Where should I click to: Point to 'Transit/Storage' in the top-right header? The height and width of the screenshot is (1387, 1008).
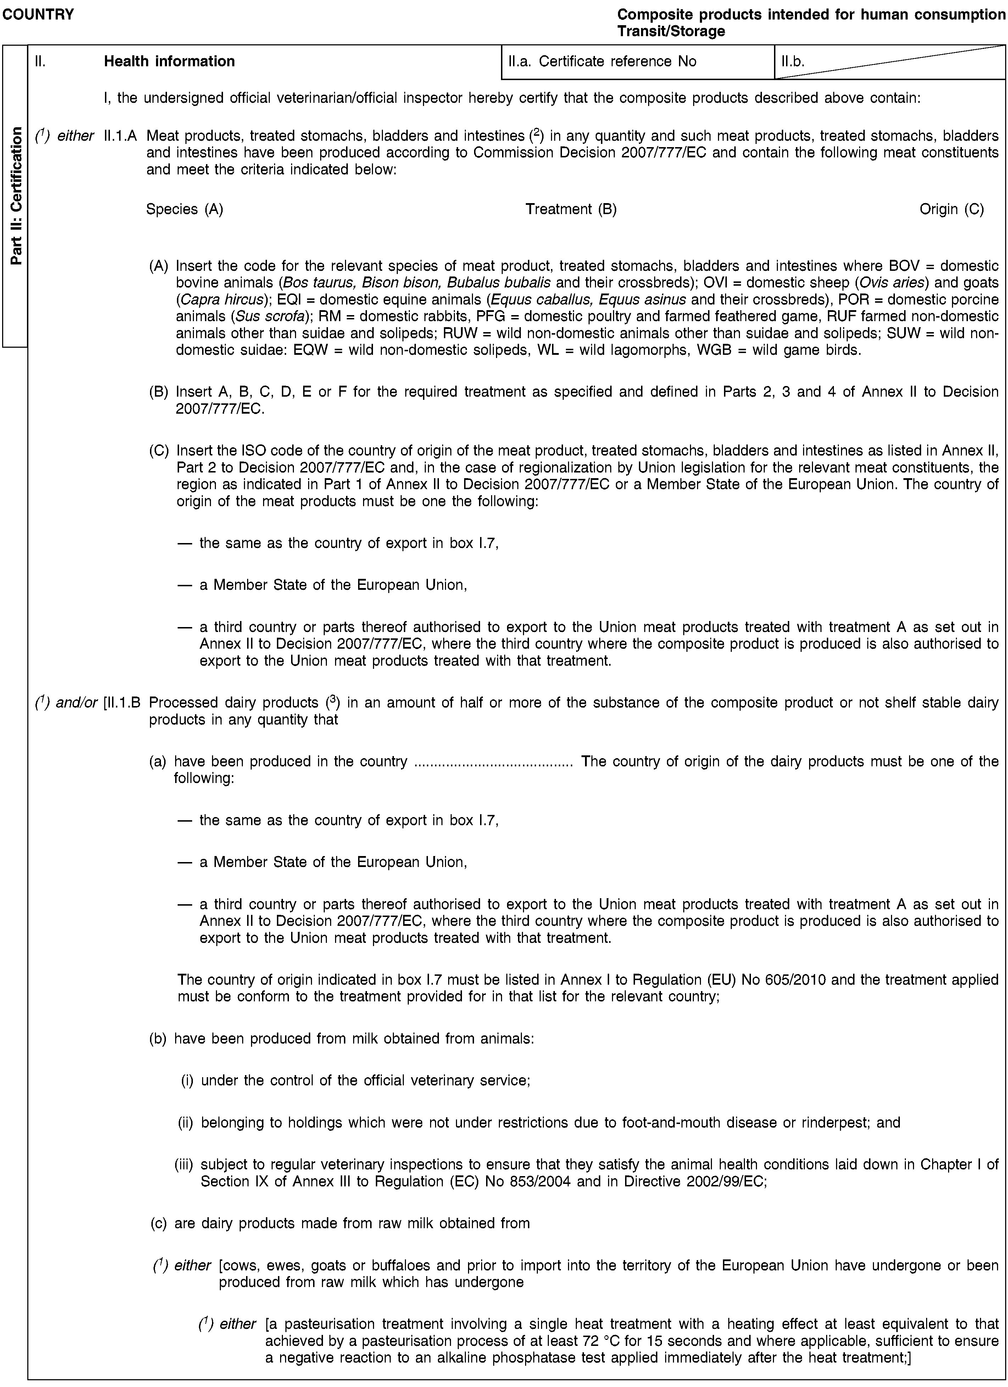pyautogui.click(x=671, y=30)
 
